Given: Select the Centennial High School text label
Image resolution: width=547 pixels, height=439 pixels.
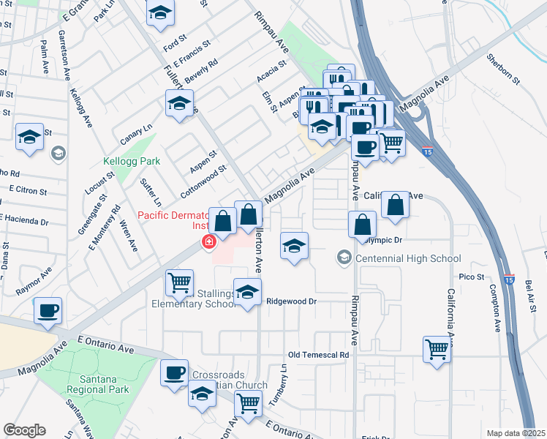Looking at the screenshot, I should coord(408,258).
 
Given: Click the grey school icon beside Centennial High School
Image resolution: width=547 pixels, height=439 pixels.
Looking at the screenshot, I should coord(343,258).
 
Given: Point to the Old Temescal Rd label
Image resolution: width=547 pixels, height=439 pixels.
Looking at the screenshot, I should coord(319,355).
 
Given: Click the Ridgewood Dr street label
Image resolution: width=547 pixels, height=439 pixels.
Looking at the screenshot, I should coord(290,301).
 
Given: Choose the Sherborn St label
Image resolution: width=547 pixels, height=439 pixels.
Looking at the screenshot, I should coord(502,68).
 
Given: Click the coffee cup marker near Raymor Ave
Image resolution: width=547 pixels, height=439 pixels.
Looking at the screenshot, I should coord(48,310).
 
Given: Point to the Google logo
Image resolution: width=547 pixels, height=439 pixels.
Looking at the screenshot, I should coord(24,430).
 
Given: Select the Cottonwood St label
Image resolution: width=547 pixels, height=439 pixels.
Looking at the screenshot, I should coord(203,182).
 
